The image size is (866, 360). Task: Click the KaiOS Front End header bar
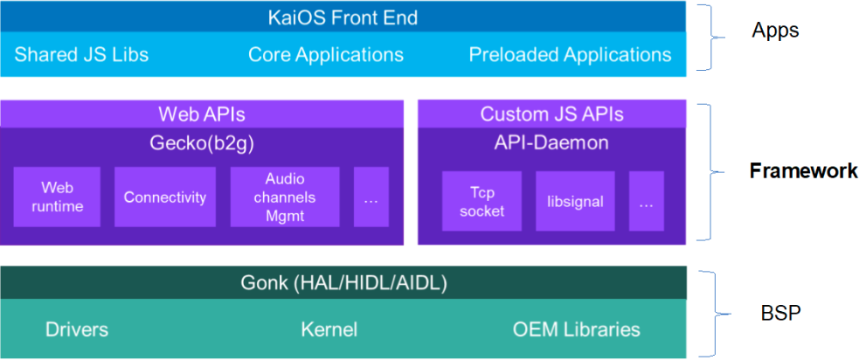343,17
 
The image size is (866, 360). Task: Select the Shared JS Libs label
81,55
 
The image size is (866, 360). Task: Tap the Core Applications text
325,55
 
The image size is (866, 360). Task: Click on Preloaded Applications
570,55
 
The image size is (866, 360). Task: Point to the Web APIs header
201,114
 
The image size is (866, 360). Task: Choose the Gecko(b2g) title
201,143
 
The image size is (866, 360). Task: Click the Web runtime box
58,197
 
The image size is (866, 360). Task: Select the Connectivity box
165,197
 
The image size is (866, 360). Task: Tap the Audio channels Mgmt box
285,197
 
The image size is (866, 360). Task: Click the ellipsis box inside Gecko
371,197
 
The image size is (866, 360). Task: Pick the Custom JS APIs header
551,114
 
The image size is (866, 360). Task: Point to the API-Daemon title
551,143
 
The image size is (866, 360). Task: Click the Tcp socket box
481,201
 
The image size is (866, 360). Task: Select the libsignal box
575,201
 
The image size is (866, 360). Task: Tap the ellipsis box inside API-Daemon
646,201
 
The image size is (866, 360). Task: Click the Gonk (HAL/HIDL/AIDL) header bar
343,283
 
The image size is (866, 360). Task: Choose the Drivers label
77,329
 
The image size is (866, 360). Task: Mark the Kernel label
329,329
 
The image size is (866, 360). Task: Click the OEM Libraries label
576,329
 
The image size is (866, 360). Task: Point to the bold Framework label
803,171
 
